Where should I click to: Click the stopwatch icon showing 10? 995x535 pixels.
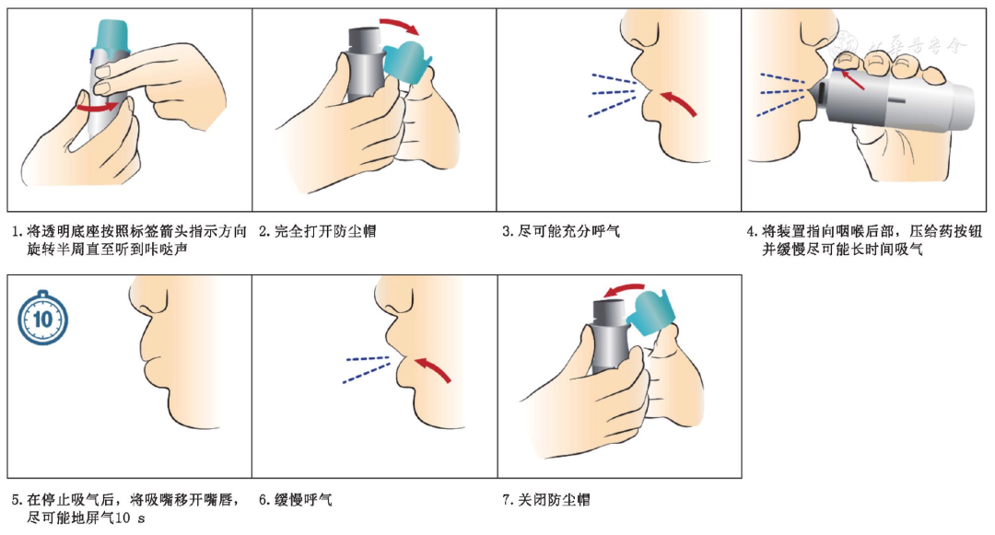pos(42,318)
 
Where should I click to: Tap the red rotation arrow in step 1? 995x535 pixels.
pos(98,108)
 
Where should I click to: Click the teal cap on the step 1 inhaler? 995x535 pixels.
pos(111,35)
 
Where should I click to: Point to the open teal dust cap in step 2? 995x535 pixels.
pos(406,62)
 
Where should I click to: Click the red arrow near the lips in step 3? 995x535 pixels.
pos(679,103)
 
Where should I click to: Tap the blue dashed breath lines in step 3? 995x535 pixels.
pos(612,95)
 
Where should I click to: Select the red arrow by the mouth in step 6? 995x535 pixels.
pos(433,369)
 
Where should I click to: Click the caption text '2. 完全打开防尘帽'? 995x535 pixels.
pos(317,231)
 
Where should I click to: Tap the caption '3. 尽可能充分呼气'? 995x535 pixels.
pos(561,231)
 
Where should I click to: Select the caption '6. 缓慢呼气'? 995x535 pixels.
pos(295,500)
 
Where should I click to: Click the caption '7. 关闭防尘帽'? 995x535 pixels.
pos(545,500)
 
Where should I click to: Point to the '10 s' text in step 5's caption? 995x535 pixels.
pos(131,518)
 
